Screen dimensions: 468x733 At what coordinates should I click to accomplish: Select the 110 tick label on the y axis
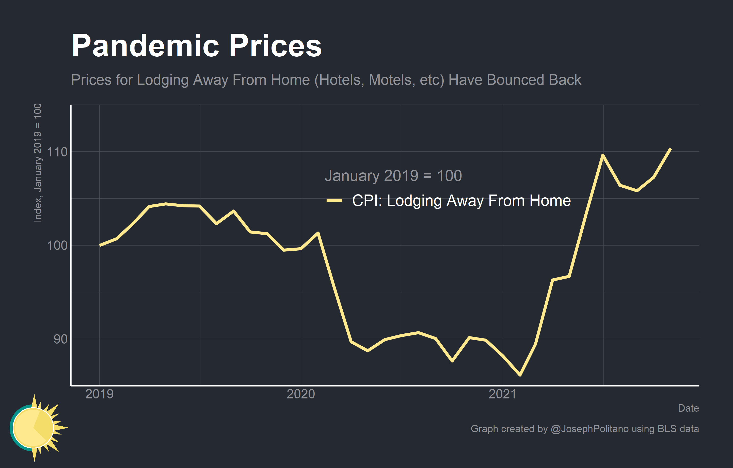[x=57, y=152]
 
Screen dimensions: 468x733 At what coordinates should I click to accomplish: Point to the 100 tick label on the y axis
[x=57, y=245]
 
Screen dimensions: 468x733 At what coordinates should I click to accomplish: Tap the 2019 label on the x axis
[x=99, y=394]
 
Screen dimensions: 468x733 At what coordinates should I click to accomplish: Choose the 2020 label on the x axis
[x=301, y=394]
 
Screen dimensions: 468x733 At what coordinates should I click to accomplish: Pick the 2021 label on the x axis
[x=503, y=394]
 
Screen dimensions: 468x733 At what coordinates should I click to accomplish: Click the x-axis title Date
[x=688, y=408]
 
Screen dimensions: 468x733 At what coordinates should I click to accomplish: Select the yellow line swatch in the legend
[x=334, y=200]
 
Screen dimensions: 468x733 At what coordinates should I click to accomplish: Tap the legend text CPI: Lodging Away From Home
[x=461, y=201]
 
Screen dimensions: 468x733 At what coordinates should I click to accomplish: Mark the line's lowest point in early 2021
[x=520, y=375]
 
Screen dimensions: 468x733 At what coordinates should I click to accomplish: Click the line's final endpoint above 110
[x=671, y=149]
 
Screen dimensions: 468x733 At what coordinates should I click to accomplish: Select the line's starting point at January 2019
[x=100, y=245]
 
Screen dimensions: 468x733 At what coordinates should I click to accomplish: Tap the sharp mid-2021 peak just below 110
[x=603, y=155]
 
